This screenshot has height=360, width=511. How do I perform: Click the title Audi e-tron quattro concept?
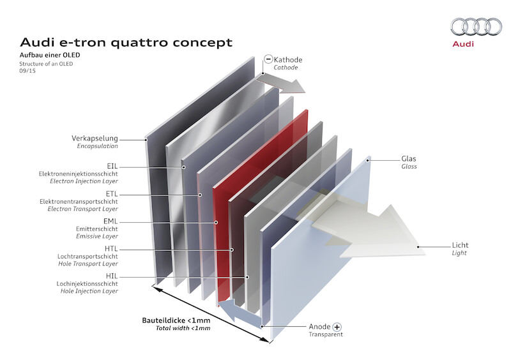point(126,43)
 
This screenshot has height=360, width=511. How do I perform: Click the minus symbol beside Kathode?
point(268,59)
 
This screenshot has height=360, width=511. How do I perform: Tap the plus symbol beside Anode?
point(337,326)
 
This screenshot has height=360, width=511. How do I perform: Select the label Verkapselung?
point(95,139)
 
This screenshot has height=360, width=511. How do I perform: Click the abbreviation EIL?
point(110,166)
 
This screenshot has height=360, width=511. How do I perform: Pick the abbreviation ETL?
point(110,193)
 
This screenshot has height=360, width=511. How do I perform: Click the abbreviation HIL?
point(110,276)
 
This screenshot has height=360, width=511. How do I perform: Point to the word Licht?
point(460,245)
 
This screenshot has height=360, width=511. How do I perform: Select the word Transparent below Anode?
point(326,334)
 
